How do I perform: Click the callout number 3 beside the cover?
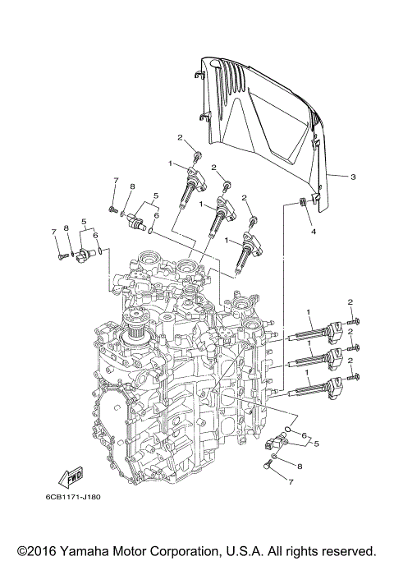coord(352,177)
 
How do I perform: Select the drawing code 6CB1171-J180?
coord(79,496)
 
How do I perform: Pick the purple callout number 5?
coord(83,222)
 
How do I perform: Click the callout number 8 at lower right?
coord(300,466)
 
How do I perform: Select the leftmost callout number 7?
coord(55,232)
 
